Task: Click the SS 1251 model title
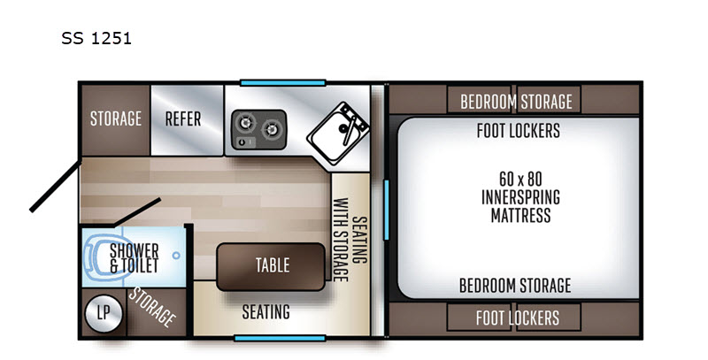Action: pos(96,38)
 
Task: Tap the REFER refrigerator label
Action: pos(183,119)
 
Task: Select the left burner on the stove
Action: pos(246,122)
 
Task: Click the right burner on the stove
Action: pos(272,129)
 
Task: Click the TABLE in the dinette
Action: pos(271,266)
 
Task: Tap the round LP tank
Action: pos(104,313)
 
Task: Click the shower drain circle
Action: pos(176,256)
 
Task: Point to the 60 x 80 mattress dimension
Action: pos(520,179)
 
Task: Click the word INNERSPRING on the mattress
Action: pos(520,197)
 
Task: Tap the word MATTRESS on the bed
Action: pos(520,215)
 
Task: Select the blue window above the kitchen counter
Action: pos(282,82)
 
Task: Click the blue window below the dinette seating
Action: pos(280,339)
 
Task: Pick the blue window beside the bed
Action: pos(386,210)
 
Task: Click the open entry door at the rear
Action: pos(56,185)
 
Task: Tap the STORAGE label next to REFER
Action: pos(116,119)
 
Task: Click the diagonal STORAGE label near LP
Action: pos(152,307)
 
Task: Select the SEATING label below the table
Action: pos(266,311)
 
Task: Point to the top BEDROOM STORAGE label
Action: pos(516,102)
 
